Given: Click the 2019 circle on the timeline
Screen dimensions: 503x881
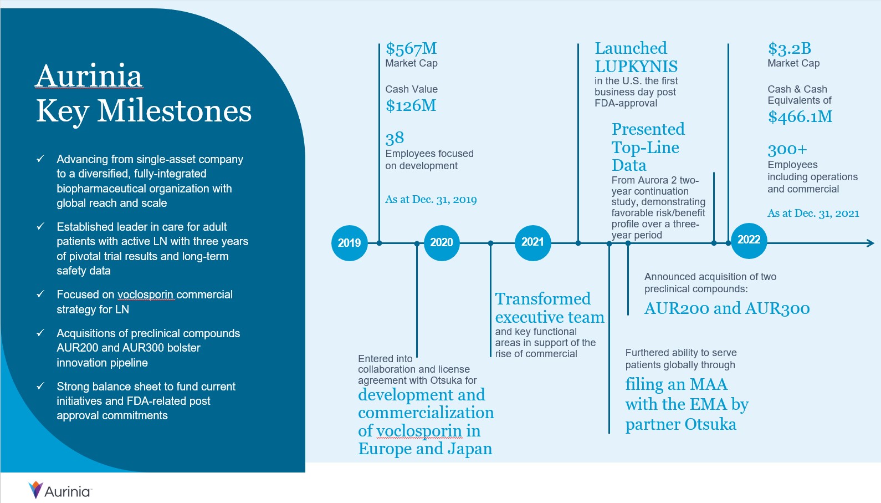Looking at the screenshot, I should [x=349, y=243].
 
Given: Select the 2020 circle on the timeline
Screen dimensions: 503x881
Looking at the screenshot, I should [x=442, y=242].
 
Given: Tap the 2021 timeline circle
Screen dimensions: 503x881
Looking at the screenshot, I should [x=532, y=242].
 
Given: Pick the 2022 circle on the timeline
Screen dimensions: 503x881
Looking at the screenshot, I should [x=749, y=240].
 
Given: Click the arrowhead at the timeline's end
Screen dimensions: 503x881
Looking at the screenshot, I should [x=870, y=243].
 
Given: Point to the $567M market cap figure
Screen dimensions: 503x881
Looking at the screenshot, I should [x=411, y=49].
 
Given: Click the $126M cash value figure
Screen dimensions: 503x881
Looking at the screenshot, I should [x=411, y=106].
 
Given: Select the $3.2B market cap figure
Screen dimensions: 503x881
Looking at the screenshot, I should [x=789, y=49].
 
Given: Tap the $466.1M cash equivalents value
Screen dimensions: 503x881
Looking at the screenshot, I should [x=800, y=117].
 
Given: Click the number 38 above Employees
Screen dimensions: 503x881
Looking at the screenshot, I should [x=395, y=138].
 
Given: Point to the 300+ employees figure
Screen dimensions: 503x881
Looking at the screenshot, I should [x=787, y=150].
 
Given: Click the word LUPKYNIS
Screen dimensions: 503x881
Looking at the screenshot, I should [x=636, y=67].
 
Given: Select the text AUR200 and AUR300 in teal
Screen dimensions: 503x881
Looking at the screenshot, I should [x=726, y=308].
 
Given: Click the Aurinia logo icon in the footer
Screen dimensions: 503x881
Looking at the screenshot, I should [x=35, y=490].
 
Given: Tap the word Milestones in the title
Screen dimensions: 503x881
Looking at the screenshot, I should [x=174, y=111].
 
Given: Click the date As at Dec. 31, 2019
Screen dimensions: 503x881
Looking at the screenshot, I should [x=431, y=200].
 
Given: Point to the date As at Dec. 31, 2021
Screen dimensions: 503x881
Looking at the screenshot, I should [x=813, y=214].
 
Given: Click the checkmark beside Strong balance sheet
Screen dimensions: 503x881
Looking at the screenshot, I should [x=40, y=386].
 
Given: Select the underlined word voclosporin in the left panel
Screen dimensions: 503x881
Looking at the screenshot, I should [x=145, y=294].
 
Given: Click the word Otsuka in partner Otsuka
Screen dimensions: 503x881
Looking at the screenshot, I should [x=710, y=425].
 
